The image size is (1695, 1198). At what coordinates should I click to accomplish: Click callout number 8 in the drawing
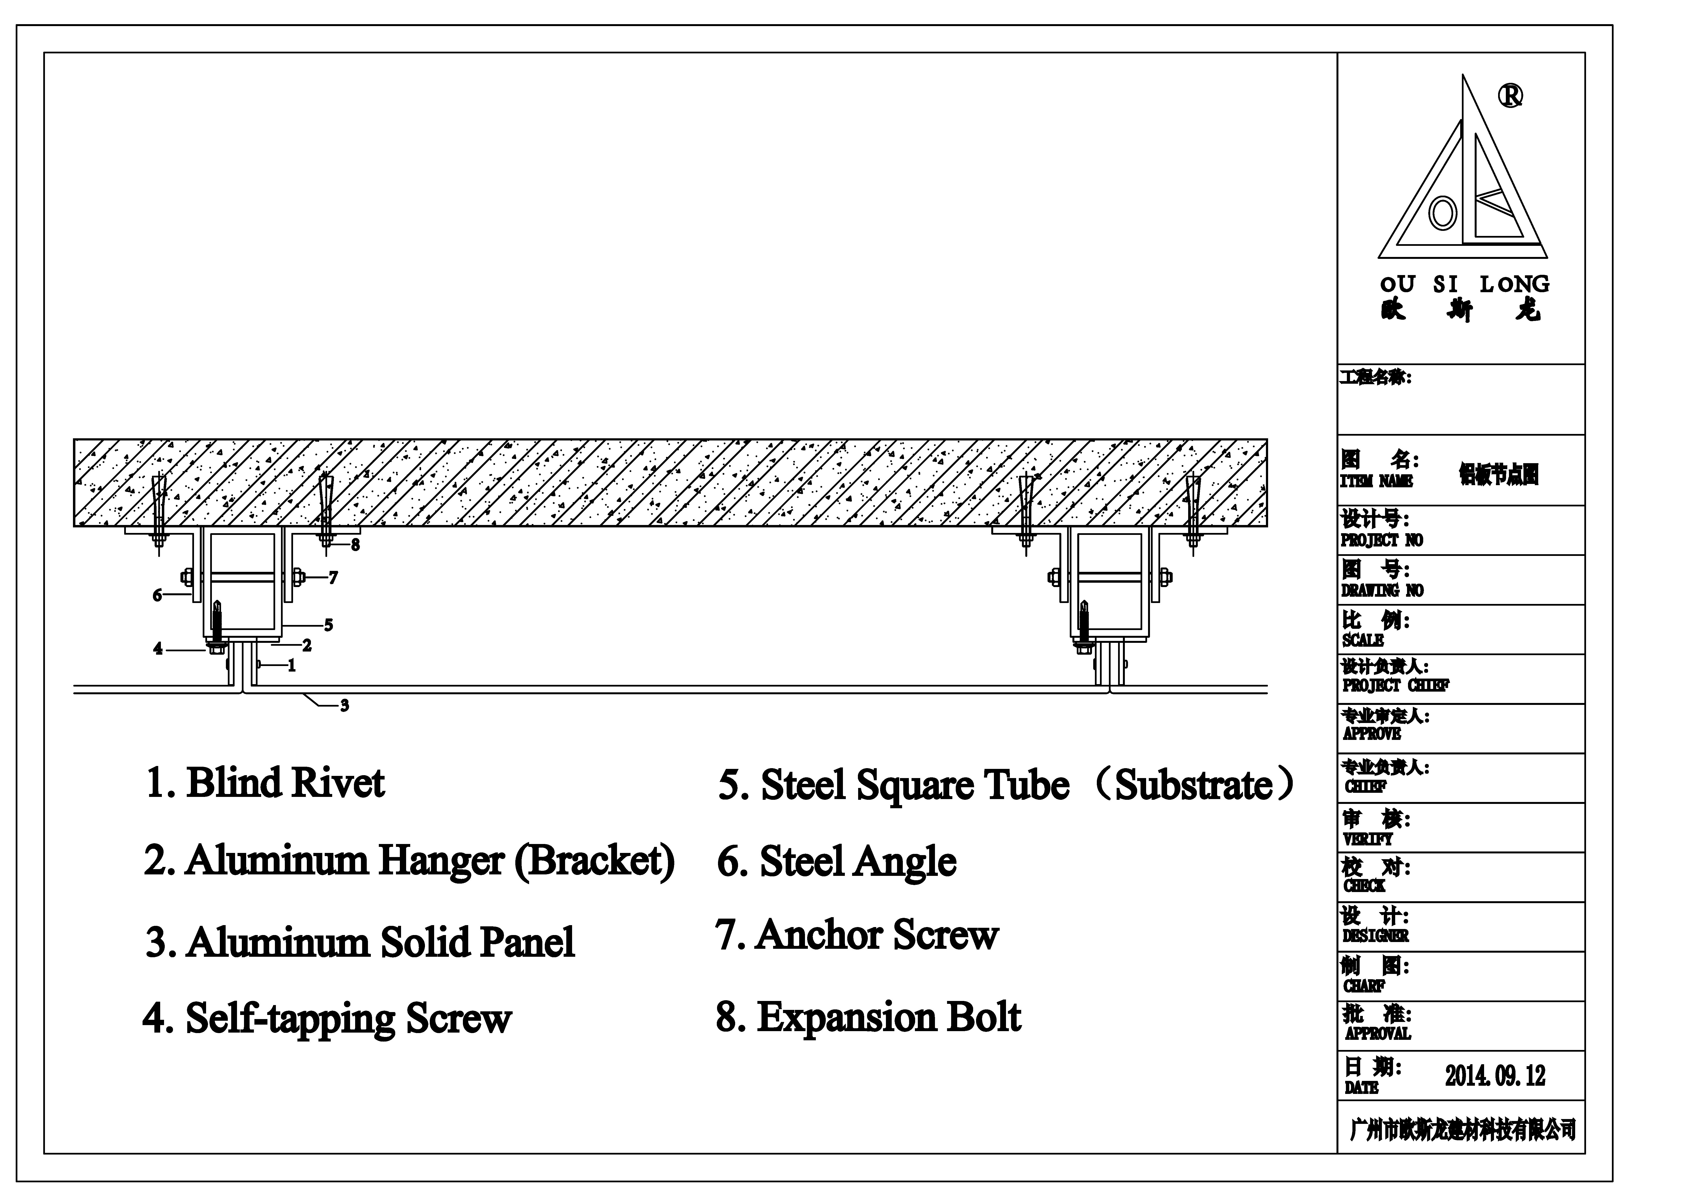(x=356, y=546)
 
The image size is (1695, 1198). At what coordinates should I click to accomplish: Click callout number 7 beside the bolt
(x=334, y=578)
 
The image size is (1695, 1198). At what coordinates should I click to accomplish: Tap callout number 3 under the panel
(x=345, y=706)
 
